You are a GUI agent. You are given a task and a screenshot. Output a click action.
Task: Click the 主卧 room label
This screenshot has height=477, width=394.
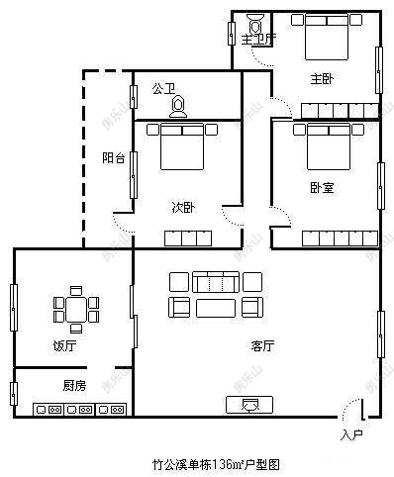click(320, 78)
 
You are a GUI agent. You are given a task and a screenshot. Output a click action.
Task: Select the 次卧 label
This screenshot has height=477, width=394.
click(182, 207)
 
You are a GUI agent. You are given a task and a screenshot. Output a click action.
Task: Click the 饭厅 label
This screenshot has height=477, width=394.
click(64, 346)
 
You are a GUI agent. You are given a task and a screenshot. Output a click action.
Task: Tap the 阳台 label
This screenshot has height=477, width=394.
click(114, 158)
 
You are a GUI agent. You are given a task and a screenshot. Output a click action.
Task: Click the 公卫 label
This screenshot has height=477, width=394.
click(163, 88)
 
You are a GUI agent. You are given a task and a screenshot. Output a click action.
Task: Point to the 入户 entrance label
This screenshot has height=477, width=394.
click(351, 434)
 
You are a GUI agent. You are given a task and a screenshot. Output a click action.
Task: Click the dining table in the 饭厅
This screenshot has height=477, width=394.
click(76, 308)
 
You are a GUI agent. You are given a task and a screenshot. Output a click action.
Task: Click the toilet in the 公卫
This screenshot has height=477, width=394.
click(179, 106)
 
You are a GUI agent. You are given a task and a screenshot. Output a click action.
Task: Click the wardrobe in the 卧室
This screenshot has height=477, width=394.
click(339, 238)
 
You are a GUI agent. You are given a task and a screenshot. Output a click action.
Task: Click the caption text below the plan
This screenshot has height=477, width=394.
click(216, 462)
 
